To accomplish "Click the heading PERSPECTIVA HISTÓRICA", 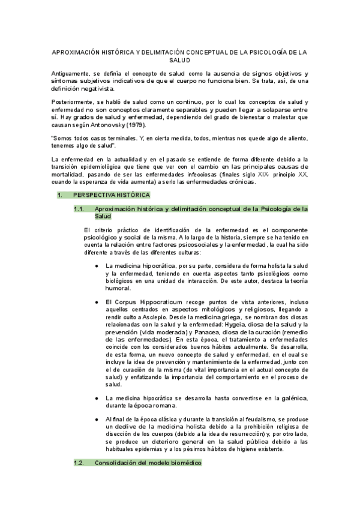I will click(x=112, y=195).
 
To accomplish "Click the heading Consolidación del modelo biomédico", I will click(x=148, y=464).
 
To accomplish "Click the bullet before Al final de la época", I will click(x=97, y=418).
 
